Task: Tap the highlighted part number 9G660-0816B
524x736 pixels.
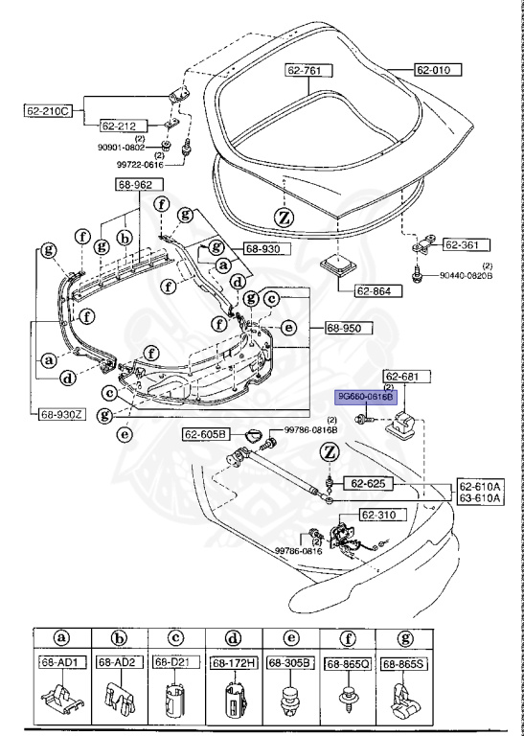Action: coord(364,397)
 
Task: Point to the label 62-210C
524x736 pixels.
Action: coord(49,110)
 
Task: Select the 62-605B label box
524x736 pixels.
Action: coord(207,435)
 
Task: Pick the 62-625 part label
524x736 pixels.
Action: coord(369,483)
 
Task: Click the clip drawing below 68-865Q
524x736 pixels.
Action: coord(346,699)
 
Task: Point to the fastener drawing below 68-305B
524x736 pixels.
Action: coord(288,699)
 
